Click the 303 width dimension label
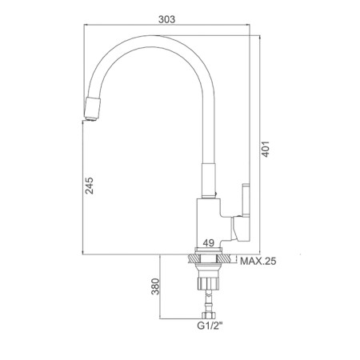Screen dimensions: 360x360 [x=167, y=19]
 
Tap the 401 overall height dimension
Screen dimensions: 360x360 [x=266, y=149]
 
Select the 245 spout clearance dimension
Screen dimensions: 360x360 [x=90, y=186]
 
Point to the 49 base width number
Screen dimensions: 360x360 [x=209, y=242]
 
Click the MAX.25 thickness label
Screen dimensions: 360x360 [x=258, y=261]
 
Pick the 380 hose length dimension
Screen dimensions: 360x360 [x=155, y=286]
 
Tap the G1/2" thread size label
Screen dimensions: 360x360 [x=210, y=326]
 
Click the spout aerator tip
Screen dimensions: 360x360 [x=92, y=109]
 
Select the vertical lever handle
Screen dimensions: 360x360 [x=246, y=199]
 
